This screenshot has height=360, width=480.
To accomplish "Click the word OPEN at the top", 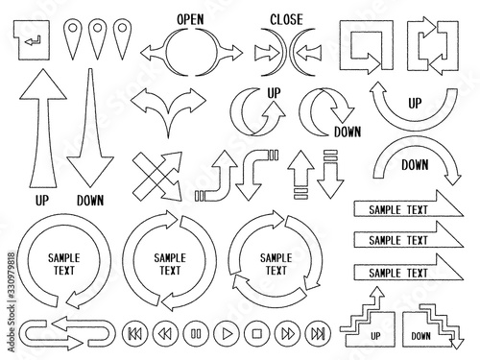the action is tap(190, 19).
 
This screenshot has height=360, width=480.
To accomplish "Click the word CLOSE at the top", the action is tap(286, 19).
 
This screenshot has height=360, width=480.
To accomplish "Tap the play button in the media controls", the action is tap(227, 334).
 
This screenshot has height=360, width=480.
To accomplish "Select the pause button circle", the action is tap(196, 334).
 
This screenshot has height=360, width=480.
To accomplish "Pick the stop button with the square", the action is tap(257, 334).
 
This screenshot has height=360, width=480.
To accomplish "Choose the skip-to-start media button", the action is tap(135, 334).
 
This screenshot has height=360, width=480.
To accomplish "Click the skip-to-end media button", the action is tap(318, 334).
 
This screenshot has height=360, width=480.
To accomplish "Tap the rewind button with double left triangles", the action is tap(165, 334).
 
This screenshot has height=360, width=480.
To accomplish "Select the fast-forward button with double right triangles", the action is tap(288, 334).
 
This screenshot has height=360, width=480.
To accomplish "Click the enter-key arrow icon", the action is tap(32, 40).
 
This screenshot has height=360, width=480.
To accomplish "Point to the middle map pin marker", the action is tap(97, 39).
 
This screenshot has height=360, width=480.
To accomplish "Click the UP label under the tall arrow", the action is tap(42, 201).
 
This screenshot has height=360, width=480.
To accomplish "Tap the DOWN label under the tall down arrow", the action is tap(90, 201).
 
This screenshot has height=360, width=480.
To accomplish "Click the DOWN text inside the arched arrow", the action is tap(415, 165).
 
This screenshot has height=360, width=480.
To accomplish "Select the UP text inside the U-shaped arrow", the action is tap(415, 104).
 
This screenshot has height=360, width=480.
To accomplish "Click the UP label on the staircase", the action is tap(375, 336).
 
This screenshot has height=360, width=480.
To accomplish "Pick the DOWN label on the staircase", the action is tap(420, 336).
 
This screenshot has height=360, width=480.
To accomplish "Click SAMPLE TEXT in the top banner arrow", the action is tap(398, 210).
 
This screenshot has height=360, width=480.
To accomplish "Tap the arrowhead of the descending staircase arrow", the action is tap(457, 344).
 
